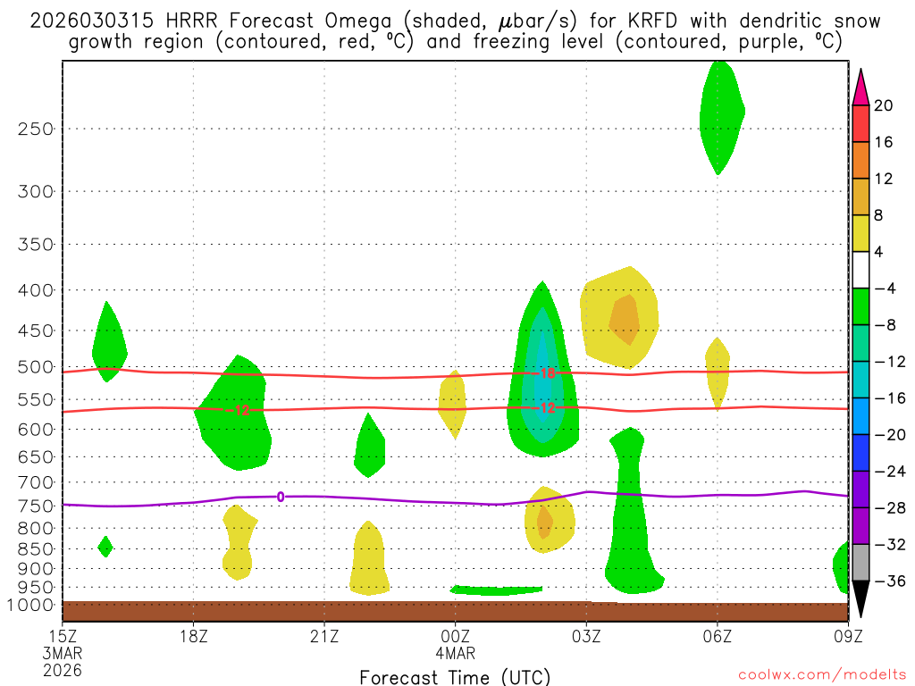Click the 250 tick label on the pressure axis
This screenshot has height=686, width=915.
[x=36, y=129]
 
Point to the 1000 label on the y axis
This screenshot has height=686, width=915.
[x=32, y=606]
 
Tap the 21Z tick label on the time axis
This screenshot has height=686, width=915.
[x=324, y=636]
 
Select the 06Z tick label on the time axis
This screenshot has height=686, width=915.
[x=718, y=636]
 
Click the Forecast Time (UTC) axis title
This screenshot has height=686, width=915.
[x=455, y=676]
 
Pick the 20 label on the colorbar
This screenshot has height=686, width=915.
[x=884, y=105]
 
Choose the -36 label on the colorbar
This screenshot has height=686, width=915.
[x=887, y=581]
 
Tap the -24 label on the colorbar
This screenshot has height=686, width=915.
[x=887, y=471]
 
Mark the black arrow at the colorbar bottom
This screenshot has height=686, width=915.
[x=861, y=599]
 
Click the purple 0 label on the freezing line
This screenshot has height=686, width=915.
[x=281, y=497]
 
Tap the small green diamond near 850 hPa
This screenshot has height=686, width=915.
[x=105, y=546]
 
